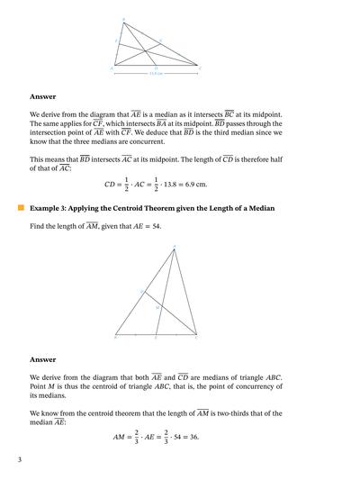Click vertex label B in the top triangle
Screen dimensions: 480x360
click(x=123, y=19)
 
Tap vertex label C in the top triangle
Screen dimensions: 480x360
click(x=200, y=68)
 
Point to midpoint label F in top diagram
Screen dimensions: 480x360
click(x=116, y=41)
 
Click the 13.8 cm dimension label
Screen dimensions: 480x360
click(x=156, y=74)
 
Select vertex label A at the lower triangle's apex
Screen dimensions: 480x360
click(x=175, y=246)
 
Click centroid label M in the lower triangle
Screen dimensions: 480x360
click(x=157, y=307)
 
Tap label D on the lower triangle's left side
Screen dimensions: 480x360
click(x=140, y=292)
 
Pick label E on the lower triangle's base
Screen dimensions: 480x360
click(x=156, y=339)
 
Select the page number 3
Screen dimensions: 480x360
click(x=19, y=460)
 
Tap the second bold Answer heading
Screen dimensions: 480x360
click(x=42, y=358)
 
